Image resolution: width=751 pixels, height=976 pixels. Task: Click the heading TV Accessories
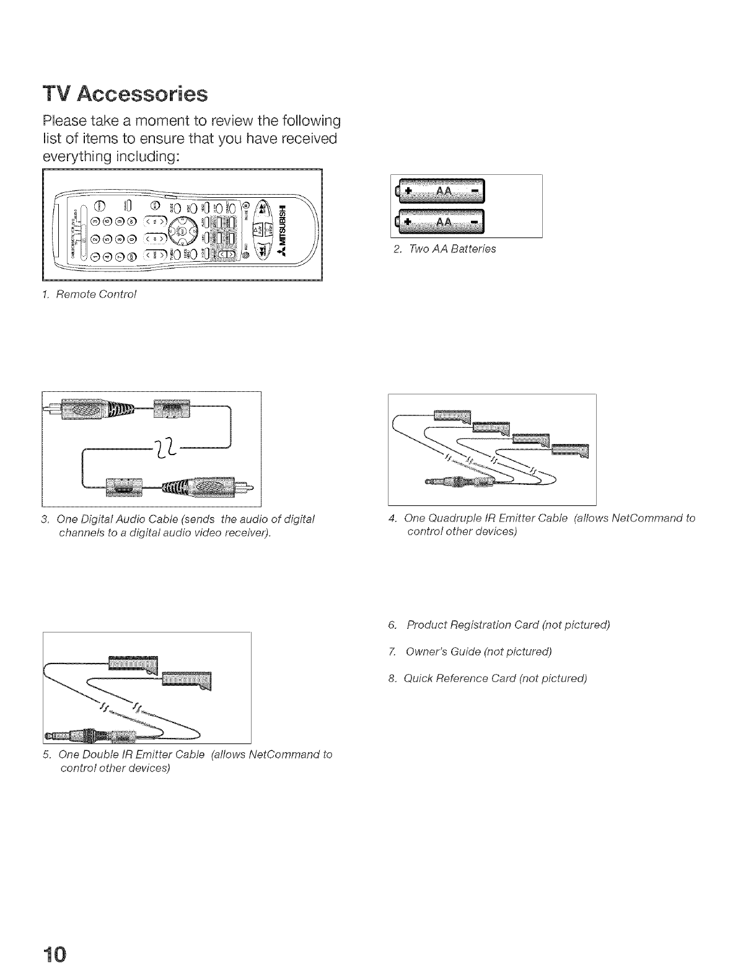pos(125,94)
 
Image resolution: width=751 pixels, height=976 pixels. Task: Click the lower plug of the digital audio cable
pos(204,484)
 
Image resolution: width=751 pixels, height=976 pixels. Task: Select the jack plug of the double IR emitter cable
pos(93,737)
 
